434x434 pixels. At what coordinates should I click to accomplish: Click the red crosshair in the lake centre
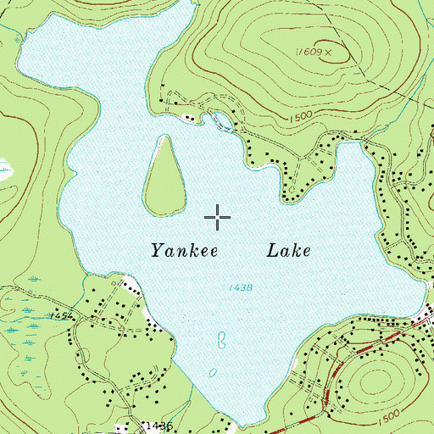(x=218, y=218)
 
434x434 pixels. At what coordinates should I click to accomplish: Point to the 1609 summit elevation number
(x=308, y=53)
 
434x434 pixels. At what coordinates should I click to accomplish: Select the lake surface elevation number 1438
(x=241, y=288)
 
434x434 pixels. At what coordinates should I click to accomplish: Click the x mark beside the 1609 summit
(x=325, y=53)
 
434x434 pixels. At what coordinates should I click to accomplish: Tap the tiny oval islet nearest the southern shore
(x=212, y=372)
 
